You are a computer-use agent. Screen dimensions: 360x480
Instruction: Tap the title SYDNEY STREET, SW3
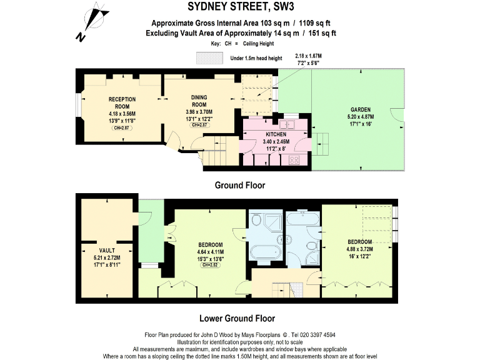[240, 7]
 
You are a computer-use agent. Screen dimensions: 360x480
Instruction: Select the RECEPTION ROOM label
[122, 103]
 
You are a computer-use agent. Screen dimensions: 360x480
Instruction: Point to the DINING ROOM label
[203, 101]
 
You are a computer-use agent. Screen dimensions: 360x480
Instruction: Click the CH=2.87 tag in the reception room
[122, 127]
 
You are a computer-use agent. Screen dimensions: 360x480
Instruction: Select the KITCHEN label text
[276, 134]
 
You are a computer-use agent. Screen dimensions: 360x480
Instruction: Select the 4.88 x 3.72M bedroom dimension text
[359, 249]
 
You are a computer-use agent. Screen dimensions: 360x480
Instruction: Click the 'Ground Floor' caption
[240, 185]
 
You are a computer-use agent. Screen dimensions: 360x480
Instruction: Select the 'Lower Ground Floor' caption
[240, 317]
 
